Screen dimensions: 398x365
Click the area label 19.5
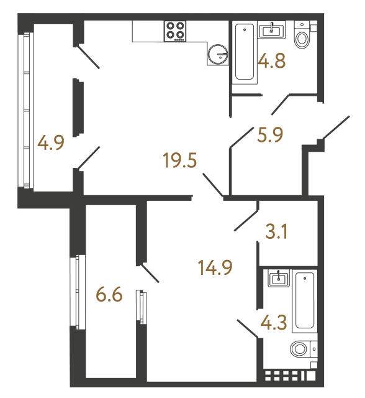(x=178, y=162)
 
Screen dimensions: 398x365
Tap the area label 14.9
(x=215, y=269)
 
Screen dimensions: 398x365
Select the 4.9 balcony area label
(x=50, y=144)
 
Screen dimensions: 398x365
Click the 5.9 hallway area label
(x=270, y=134)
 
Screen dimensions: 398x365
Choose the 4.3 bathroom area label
(x=274, y=323)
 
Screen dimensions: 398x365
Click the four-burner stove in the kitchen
(x=176, y=31)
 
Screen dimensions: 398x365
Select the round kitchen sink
(x=219, y=55)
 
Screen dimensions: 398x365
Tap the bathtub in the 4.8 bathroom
(x=245, y=52)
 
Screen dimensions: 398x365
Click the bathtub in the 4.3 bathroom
(x=305, y=301)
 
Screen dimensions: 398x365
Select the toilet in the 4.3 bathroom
(x=302, y=349)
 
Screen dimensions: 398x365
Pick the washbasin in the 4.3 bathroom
(x=279, y=277)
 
